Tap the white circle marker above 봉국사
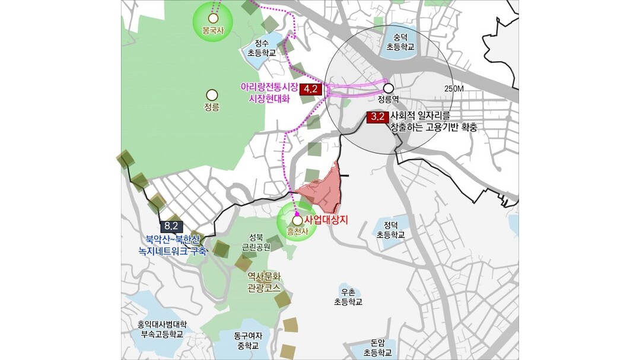(x=213, y=18)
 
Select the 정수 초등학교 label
(x=262, y=48)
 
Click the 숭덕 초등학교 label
(x=400, y=42)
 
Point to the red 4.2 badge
(x=311, y=90)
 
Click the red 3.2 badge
(x=378, y=117)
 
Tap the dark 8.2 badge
(x=171, y=226)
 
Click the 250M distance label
(x=453, y=89)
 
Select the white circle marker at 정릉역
(x=389, y=88)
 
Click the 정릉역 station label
(x=389, y=100)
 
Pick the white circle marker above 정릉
(x=212, y=94)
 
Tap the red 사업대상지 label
(x=326, y=219)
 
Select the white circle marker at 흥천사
(x=297, y=221)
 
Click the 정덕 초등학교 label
(x=390, y=230)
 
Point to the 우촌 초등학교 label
(x=348, y=297)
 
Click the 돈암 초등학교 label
(x=378, y=348)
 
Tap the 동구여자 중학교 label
(x=248, y=340)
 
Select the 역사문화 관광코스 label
(x=264, y=281)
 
